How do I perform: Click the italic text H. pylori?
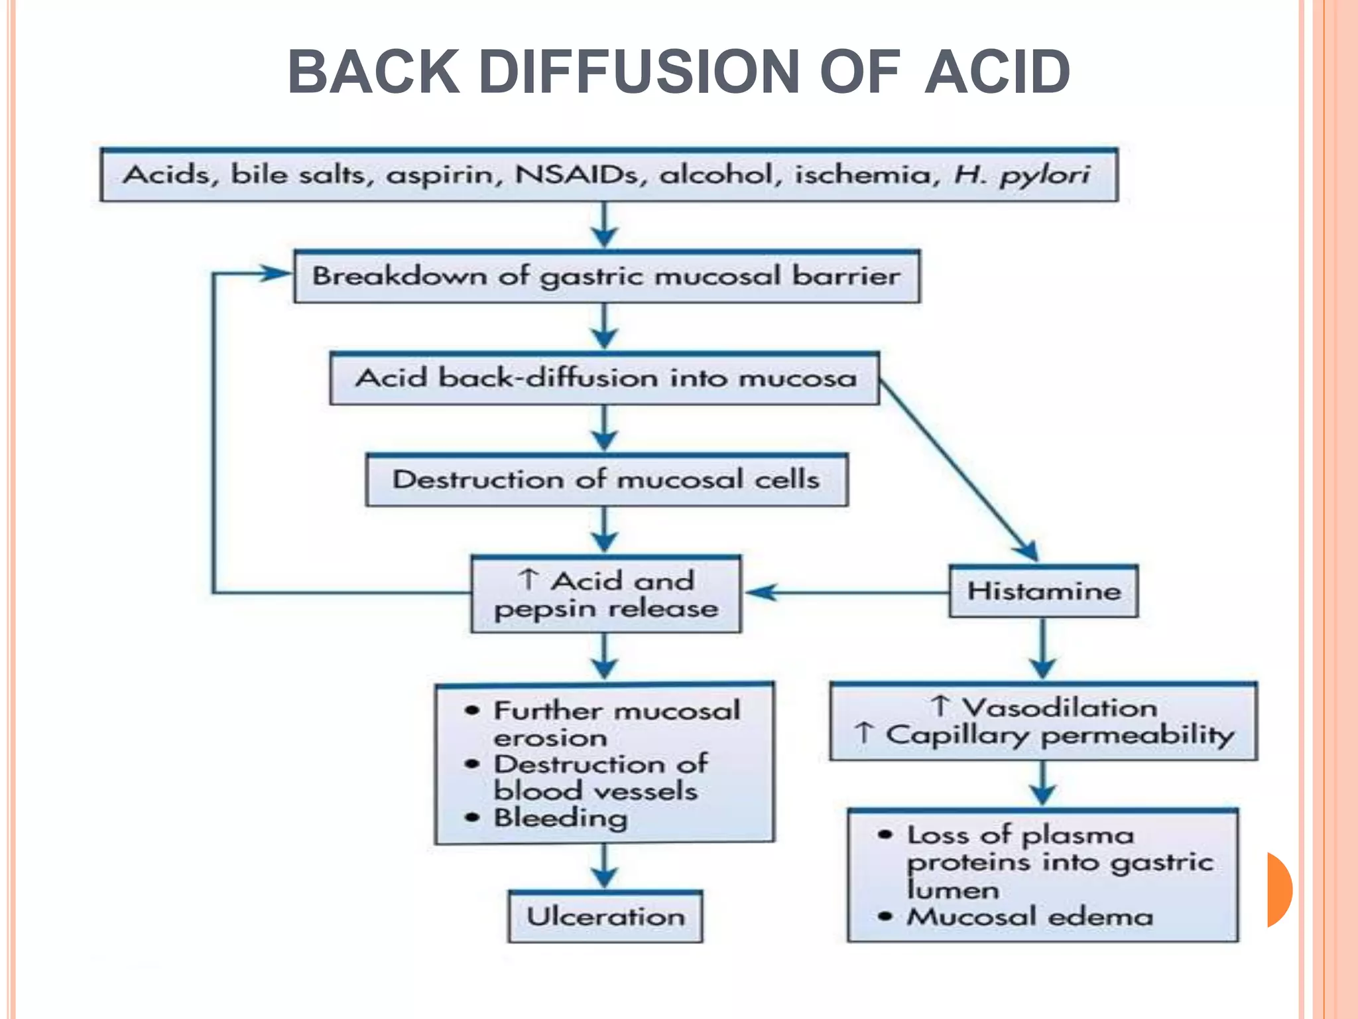point(1021,174)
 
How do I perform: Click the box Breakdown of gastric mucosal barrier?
point(607,277)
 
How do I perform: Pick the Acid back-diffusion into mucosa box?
point(605,378)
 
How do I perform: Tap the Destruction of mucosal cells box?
point(606,480)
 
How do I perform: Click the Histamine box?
point(1043,591)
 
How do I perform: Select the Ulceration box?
point(605,917)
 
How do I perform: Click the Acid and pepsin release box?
point(606,594)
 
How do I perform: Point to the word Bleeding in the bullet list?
point(560,817)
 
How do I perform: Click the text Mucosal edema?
point(1030,917)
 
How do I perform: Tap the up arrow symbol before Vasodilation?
point(940,706)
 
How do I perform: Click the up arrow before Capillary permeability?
point(864,733)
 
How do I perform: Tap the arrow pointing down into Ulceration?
point(605,869)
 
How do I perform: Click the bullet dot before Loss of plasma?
point(885,835)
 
